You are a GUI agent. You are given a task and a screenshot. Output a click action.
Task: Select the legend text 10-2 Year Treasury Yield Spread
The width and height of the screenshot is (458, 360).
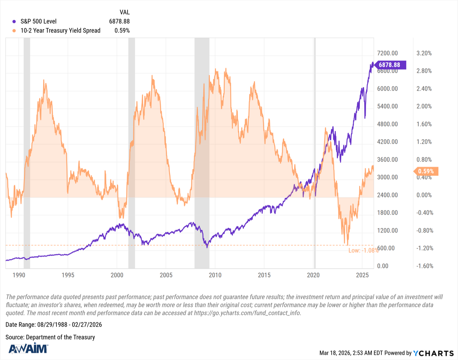pyautogui.click(x=60, y=31)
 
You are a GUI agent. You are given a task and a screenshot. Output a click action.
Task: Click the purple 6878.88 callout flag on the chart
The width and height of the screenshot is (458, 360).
pyautogui.click(x=391, y=65)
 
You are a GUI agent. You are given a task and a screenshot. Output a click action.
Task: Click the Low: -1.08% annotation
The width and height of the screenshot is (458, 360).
pyautogui.click(x=363, y=251)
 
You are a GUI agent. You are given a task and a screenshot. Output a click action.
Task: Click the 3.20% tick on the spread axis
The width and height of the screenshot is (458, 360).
pyautogui.click(x=424, y=53)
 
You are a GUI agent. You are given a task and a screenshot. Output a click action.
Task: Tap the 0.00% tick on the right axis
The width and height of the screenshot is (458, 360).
pyautogui.click(x=424, y=195)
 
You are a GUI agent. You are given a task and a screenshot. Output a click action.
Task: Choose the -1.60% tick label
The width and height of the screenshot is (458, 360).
pyautogui.click(x=423, y=266)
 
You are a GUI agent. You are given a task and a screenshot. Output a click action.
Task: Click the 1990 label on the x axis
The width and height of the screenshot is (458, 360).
pyautogui.click(x=19, y=275)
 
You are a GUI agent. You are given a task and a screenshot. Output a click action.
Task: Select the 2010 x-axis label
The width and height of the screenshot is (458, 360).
pyautogui.click(x=215, y=275)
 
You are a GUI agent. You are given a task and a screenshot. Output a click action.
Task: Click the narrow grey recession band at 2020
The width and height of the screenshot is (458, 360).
pyautogui.click(x=314, y=153)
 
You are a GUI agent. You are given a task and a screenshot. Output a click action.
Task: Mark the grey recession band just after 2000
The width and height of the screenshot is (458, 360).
pyautogui.click(x=131, y=153)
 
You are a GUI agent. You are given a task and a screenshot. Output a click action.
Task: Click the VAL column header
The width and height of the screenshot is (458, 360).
pyautogui.click(x=124, y=12)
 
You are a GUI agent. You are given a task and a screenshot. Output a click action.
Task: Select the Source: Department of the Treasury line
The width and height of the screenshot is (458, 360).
pyautogui.click(x=50, y=337)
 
